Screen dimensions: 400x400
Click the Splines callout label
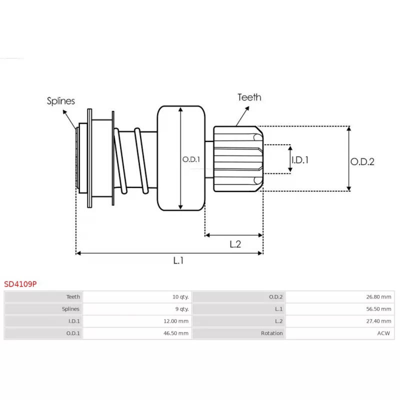61,101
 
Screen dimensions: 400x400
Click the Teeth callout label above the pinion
249,97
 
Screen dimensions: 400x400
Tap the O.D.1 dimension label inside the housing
191,159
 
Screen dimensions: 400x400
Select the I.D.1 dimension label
300,160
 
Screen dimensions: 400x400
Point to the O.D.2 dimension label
362,161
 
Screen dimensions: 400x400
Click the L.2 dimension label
235,244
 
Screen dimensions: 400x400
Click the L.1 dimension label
178,260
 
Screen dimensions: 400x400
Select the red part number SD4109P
20,284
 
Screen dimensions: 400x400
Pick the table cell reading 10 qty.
179,297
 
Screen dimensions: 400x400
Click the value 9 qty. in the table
181,309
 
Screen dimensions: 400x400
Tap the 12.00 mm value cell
177,321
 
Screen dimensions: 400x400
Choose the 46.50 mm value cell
177,333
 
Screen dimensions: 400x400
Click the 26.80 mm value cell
379,297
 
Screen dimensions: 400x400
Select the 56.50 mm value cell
379,309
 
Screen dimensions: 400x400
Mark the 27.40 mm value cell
379,321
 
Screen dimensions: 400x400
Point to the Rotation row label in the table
272,333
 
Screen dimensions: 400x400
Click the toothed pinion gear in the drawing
237,158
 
